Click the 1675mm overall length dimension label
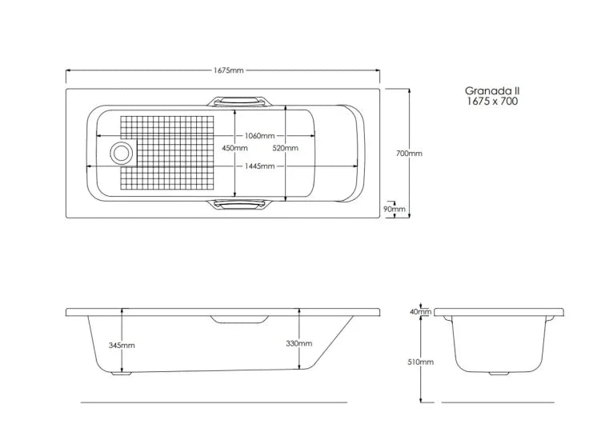pyautogui.click(x=228, y=70)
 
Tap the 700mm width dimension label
pyautogui.click(x=409, y=154)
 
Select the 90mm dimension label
pyautogui.click(x=394, y=209)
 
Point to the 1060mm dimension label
pyautogui.click(x=259, y=136)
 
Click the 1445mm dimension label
pyautogui.click(x=259, y=166)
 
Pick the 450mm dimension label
pyautogui.click(x=234, y=148)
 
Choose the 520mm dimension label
pyautogui.click(x=285, y=148)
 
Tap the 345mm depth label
pyautogui.click(x=122, y=346)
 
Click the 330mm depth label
pyautogui.click(x=299, y=343)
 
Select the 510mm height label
pyautogui.click(x=421, y=362)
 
